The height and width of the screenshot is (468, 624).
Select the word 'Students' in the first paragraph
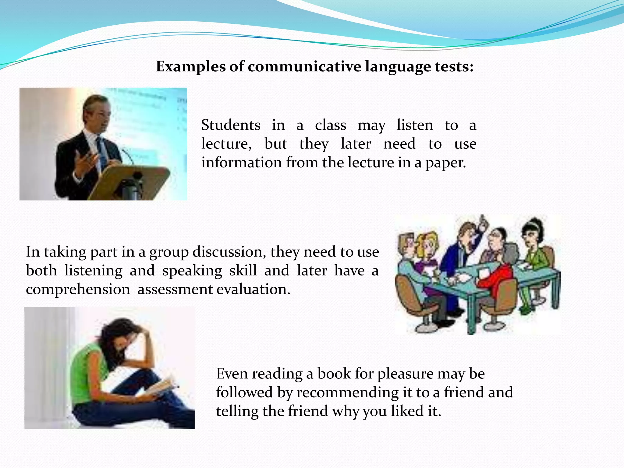point(231,125)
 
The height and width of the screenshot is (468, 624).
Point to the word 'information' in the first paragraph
point(241,163)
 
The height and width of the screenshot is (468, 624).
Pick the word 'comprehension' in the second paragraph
point(78,289)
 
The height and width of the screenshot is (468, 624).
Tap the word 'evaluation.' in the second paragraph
point(253,289)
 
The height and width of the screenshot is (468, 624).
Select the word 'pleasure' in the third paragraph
point(405,374)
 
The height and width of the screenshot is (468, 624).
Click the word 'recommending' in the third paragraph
point(348,392)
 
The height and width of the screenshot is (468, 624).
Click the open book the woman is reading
point(161,385)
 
